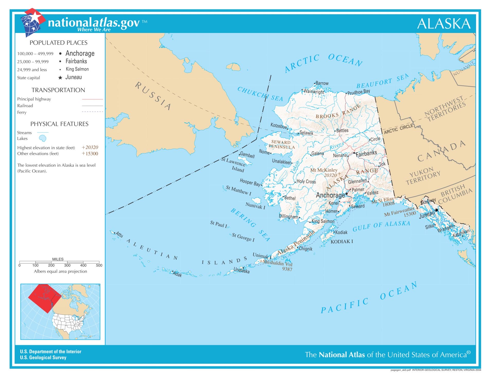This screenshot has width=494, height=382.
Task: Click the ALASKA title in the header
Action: pos(444,24)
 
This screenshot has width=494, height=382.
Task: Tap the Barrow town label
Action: pos(322,83)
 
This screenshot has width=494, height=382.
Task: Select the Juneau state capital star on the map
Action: pos(436,210)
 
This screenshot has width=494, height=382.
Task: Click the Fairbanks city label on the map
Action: pos(366,153)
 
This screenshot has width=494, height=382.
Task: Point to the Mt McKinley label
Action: pos(324,170)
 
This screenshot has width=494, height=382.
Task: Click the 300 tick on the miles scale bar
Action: pos(67,265)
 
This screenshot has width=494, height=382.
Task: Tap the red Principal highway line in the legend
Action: pos(92,99)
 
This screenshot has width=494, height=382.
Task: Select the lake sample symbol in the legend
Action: pos(42,139)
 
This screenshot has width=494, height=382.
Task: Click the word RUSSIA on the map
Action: pos(153,96)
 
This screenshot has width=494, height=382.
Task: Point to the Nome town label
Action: pos(264,152)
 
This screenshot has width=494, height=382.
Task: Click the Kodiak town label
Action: pos(341,232)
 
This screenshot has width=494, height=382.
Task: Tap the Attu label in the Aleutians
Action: pos(119,235)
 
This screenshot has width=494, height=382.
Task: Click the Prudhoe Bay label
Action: pos(359,92)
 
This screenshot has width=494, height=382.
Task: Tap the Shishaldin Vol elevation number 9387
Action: pos(287,269)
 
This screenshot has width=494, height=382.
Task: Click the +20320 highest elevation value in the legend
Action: pos(90,147)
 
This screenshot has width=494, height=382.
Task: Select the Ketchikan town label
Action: pos(461,233)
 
